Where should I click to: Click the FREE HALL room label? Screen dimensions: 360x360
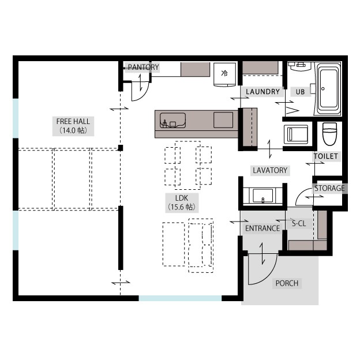73,126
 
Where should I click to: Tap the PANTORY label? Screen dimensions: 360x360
143,67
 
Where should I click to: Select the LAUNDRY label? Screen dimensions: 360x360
262,92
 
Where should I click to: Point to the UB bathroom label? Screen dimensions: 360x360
300,92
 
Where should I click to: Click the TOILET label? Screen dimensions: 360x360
326,156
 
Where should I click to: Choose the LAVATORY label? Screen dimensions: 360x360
270,170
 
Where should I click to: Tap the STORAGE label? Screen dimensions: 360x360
329,188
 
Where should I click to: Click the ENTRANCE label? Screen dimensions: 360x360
262,228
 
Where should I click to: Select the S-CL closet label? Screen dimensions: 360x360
299,223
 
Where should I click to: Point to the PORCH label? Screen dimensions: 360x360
287,283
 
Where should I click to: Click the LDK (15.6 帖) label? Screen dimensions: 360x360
182,202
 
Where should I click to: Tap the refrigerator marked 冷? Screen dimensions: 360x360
224,74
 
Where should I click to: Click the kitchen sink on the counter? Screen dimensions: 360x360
172,120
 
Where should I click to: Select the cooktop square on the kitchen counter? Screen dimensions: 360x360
223,120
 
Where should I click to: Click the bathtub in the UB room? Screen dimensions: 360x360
329,89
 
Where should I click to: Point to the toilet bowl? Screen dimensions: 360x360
329,134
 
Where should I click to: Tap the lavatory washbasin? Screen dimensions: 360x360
263,196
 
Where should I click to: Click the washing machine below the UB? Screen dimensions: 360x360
296,134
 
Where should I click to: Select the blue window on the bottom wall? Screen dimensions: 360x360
180,298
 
